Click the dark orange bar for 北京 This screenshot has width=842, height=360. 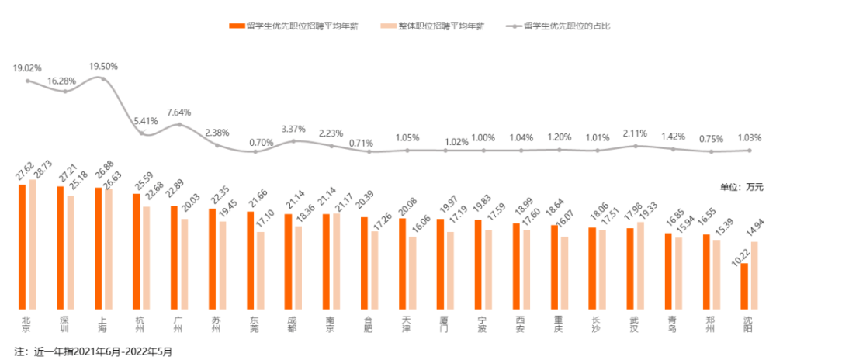23,247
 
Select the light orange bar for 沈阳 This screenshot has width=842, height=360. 754,276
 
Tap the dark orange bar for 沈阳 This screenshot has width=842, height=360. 744,287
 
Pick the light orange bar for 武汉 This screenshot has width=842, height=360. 640,266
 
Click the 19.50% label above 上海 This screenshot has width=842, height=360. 104,67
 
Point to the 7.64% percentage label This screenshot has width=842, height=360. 178,112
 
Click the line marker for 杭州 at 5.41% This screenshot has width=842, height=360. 142,133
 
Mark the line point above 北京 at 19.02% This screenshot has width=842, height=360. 28,80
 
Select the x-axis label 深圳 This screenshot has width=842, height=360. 65,324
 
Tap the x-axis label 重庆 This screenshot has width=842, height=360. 559,324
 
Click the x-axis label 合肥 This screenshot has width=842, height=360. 369,324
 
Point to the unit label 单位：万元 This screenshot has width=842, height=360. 743,187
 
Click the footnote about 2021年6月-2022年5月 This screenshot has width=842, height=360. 92,351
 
